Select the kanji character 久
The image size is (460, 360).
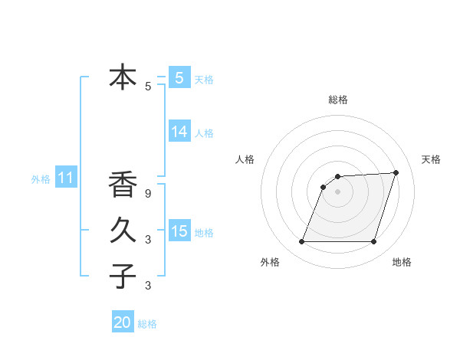[x=123, y=230]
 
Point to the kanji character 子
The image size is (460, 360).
[x=123, y=276]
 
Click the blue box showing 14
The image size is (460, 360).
[x=179, y=132]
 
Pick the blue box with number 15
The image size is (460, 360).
[x=179, y=231]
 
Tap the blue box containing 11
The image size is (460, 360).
[x=65, y=178]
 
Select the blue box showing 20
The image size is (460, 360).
[x=123, y=323]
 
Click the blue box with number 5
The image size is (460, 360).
[x=179, y=77]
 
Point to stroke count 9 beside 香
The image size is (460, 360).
[x=148, y=194]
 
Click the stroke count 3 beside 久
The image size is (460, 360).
[x=148, y=240]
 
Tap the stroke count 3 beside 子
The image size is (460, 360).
[x=148, y=286]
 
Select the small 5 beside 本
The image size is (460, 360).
[x=148, y=87]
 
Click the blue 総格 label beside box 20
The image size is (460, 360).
[x=147, y=324]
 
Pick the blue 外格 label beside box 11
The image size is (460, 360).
[x=41, y=179]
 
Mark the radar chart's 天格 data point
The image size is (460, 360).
[x=396, y=172]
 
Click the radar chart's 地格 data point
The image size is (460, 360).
[x=373, y=242]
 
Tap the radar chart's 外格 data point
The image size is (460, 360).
[x=301, y=242]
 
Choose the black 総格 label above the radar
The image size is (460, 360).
[x=337, y=100]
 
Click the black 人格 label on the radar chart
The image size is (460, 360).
[x=245, y=159]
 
